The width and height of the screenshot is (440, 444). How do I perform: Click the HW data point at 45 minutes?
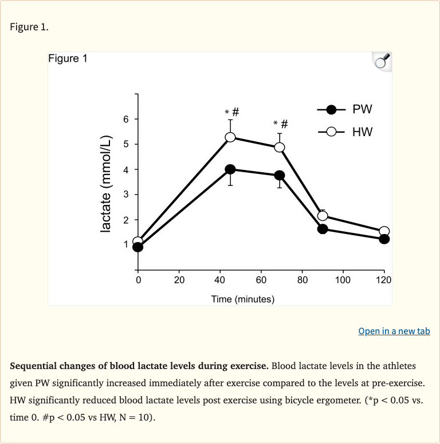coord(230,137)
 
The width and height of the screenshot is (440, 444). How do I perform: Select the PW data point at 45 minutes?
coord(230,169)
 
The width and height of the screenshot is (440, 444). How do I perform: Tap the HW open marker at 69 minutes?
coord(280,147)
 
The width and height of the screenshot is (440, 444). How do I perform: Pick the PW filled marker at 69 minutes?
coord(280,175)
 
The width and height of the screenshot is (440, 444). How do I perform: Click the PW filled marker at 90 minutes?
coord(323,229)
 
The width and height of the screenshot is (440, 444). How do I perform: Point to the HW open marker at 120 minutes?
coord(384,231)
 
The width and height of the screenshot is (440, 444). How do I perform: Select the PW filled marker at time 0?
coord(137,247)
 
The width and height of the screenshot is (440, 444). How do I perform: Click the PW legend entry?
coord(344,109)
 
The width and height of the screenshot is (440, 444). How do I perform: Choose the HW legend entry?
coord(344,132)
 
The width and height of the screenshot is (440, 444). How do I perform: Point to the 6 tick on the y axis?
coord(126,119)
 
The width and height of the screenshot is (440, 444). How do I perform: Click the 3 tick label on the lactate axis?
coord(126,195)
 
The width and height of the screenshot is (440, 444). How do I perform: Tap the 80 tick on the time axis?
coord(302,280)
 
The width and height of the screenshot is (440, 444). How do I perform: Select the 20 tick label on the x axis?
coord(179,280)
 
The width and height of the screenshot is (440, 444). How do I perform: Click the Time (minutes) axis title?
coord(243,299)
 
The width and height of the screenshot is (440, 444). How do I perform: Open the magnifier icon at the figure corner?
coord(382,61)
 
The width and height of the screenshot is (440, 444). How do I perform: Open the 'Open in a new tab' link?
coord(394,331)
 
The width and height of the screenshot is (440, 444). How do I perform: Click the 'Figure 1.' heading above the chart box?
coord(29,27)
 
